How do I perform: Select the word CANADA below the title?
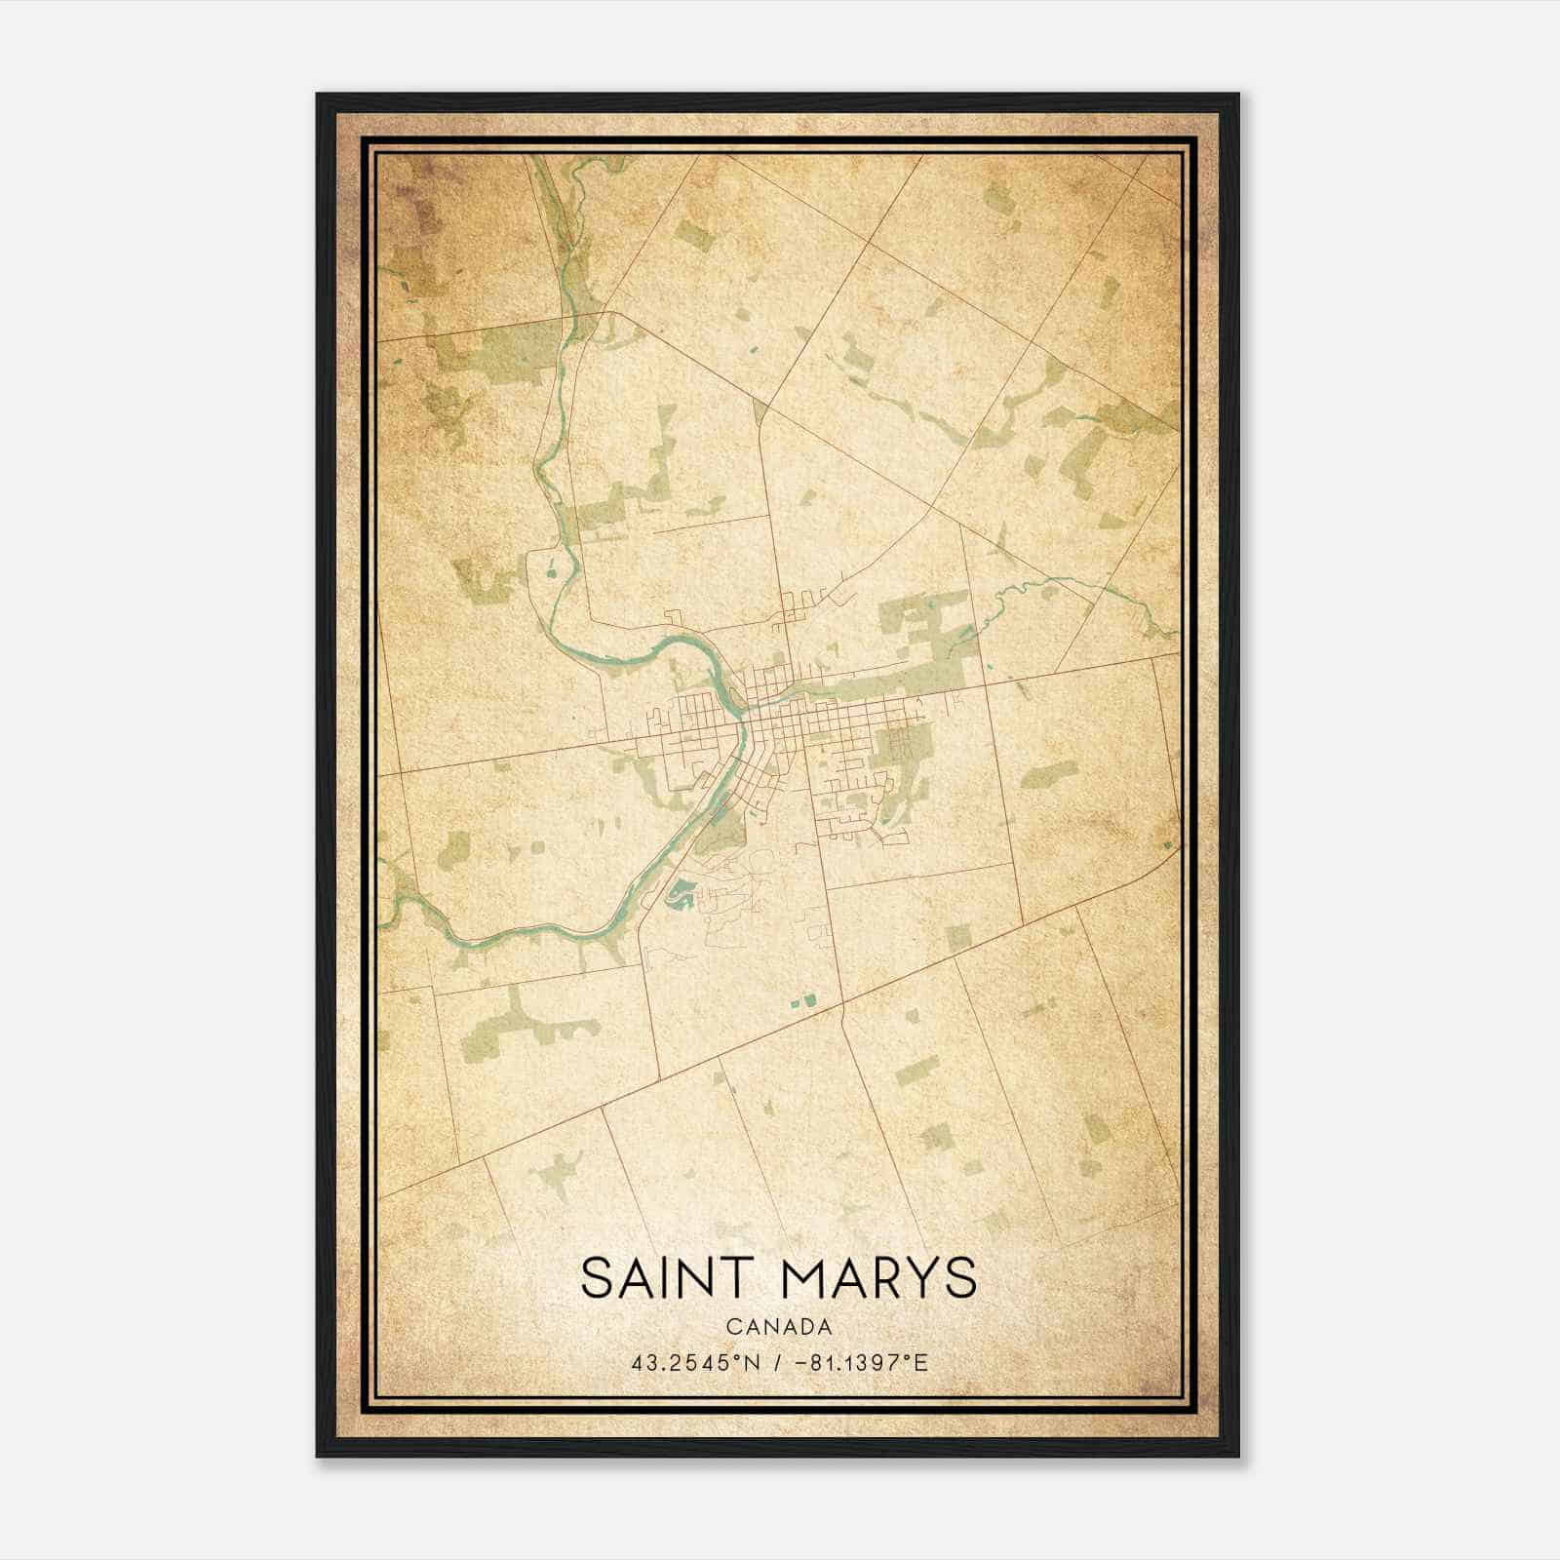779,1326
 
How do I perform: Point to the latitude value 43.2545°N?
694,1362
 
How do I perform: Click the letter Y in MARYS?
917,1278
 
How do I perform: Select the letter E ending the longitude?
921,1362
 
